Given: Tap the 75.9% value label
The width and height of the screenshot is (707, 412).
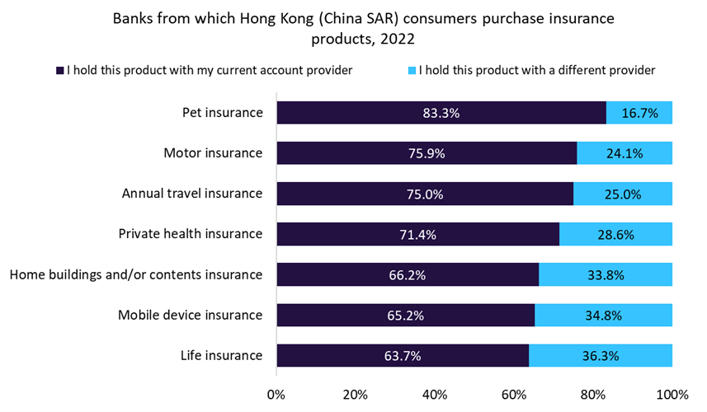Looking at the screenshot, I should (x=427, y=153).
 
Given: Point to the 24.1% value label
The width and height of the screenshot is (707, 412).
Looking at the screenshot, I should (x=625, y=153).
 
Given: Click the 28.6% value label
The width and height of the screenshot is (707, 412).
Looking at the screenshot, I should (x=615, y=235).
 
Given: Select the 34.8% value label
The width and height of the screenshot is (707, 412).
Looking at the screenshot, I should (x=603, y=316).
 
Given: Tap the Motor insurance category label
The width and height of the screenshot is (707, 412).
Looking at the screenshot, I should (x=213, y=153).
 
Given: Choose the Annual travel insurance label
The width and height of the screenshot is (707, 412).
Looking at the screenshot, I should (x=192, y=194).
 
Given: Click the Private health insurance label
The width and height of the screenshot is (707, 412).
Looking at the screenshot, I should (x=191, y=234).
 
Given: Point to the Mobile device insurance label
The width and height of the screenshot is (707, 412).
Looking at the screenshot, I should (x=190, y=315).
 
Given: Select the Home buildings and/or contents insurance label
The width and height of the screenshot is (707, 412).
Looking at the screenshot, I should (x=136, y=274).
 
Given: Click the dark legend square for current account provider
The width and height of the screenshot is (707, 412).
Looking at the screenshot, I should (x=60, y=71).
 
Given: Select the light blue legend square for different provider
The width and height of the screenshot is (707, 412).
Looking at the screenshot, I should (x=412, y=71).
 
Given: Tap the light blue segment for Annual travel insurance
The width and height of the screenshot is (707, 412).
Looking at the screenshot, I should (x=623, y=194).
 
